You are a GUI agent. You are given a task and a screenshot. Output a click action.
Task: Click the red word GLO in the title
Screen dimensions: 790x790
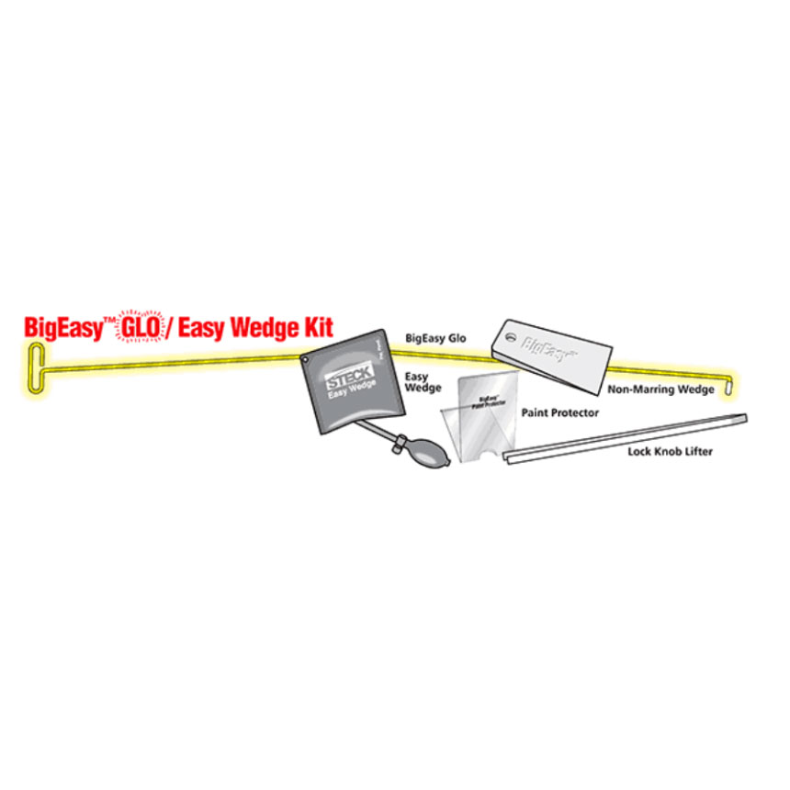click(x=140, y=328)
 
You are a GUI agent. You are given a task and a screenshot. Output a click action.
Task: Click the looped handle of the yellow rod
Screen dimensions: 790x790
click(x=34, y=368)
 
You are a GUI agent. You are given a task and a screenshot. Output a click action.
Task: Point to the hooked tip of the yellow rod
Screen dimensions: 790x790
click(x=732, y=387)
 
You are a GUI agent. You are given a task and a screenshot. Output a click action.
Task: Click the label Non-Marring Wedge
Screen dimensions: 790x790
click(x=660, y=389)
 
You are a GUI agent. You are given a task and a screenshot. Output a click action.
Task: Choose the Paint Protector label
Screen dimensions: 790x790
click(x=559, y=412)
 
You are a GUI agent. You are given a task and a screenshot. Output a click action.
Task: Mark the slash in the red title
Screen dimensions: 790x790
click(x=171, y=328)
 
